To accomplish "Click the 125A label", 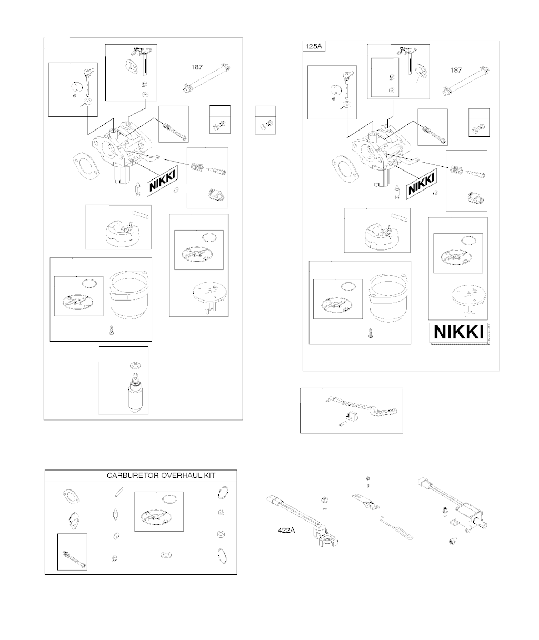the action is coord(314,46).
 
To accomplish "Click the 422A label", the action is coord(286,530).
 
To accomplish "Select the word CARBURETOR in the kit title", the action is coord(133,475).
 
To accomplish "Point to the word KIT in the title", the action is coord(209,475).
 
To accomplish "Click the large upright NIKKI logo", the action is coord(458,332).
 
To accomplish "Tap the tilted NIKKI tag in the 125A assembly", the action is coord(421,184).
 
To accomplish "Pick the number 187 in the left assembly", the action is coord(197,67).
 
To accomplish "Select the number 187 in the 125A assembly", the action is coord(456,70).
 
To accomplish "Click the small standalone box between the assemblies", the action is coord(265,120).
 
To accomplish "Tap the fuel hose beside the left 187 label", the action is coord(207,78).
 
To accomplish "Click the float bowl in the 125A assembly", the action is coord(390,297).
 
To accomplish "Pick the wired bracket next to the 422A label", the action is coord(302,521).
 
